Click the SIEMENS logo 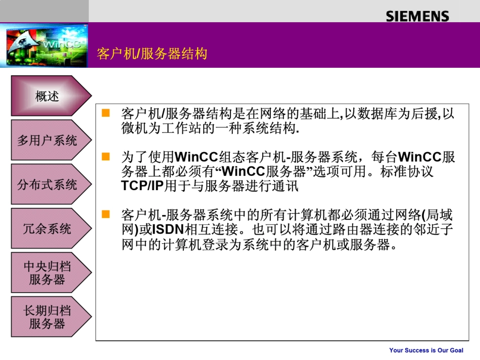coord(417,16)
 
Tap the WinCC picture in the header coord(44,46)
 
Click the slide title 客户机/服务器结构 coord(152,54)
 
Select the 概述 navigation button coord(48,96)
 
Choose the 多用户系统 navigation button coord(48,140)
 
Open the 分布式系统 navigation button coord(48,185)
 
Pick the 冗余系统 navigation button coord(48,229)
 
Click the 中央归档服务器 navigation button coord(48,273)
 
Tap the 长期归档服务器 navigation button coord(48,317)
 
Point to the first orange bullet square coord(106,113)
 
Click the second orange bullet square coord(106,157)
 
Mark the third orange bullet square coord(106,214)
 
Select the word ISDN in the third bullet coord(168,230)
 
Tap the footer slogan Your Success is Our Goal coord(426,350)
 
